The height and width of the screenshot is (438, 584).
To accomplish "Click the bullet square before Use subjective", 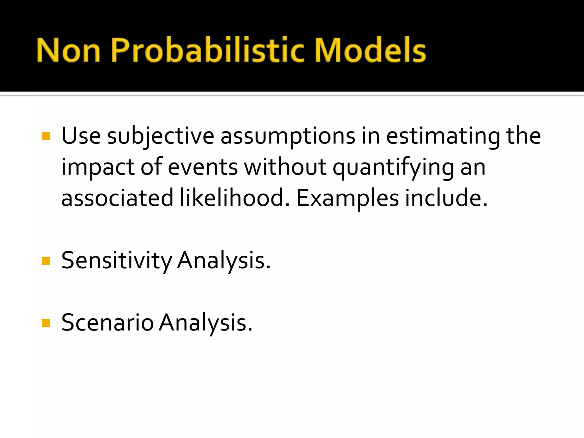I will pos(46,136).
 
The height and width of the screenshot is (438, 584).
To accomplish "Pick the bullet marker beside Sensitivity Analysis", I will pos(46,261).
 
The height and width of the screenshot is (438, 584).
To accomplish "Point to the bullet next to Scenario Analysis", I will pos(46,323).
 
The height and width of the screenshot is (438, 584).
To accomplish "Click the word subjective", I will pos(161,136).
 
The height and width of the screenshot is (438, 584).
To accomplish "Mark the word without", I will pos(285,167).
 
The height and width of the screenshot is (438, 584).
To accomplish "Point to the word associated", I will pos(117,198).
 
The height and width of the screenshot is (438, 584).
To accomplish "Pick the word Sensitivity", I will pos(116,261).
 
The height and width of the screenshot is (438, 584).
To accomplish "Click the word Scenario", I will pos(108,323).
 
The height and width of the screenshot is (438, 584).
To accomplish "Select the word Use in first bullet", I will pos(81,136).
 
